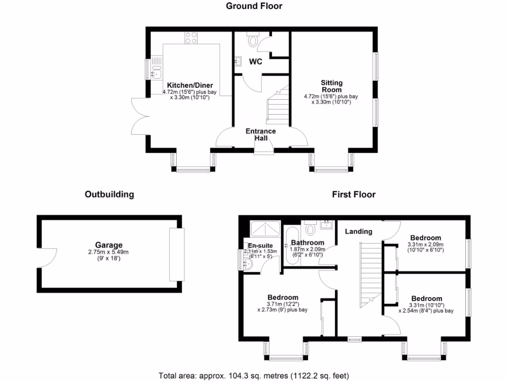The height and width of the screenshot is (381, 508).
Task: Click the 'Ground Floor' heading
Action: [x=254, y=6]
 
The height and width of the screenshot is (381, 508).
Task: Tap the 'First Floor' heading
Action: [x=354, y=194]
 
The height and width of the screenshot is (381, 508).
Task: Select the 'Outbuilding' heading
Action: [x=109, y=194]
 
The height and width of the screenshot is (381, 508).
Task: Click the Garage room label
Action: [x=109, y=245]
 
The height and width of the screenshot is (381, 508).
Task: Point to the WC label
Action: [x=255, y=62]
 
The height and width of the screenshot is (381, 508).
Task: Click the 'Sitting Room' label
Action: [x=331, y=86]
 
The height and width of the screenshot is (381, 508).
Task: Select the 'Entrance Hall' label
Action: [x=261, y=134]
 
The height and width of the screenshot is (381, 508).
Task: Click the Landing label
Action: [x=359, y=232]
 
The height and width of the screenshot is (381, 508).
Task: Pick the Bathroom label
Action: [x=308, y=243]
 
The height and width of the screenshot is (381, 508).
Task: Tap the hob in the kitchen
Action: [x=191, y=37]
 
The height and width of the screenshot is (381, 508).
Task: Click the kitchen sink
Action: [x=156, y=69]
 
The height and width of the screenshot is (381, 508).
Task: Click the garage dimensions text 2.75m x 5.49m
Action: [x=109, y=252]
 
